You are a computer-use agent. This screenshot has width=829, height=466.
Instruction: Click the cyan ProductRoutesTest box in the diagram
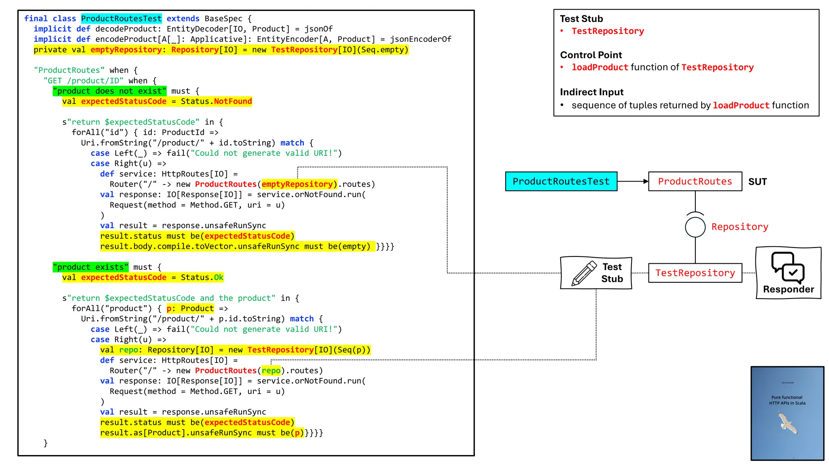(x=561, y=181)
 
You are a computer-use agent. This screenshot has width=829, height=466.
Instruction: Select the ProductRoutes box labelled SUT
(x=695, y=181)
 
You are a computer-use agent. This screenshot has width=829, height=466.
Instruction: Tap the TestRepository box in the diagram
(x=695, y=273)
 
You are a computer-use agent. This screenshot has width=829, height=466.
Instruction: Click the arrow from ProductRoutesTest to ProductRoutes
(x=633, y=181)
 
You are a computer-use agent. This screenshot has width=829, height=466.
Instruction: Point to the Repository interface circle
(x=695, y=227)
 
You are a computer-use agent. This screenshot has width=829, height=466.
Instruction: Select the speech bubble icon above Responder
(x=787, y=267)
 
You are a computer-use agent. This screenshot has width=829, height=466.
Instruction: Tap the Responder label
(x=788, y=289)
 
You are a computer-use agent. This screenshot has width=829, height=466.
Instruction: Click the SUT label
(x=757, y=182)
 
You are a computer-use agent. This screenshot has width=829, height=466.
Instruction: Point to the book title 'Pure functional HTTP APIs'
(x=787, y=400)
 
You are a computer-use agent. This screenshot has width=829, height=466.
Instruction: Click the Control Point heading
(x=591, y=55)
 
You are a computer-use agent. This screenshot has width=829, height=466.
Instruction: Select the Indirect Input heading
(x=591, y=92)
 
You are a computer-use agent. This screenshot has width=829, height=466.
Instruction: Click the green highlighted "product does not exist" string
(x=109, y=91)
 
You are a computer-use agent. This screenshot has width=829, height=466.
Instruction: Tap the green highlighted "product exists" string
(x=90, y=267)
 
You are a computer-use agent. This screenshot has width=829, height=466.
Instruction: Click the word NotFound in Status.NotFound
(x=233, y=101)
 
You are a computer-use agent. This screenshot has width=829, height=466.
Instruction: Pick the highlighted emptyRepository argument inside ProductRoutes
(x=299, y=184)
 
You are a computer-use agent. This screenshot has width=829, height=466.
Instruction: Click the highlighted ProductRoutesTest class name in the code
(x=121, y=19)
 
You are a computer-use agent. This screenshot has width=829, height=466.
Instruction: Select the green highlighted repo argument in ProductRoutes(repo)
(x=271, y=371)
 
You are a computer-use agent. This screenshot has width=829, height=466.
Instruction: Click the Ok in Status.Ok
(x=219, y=277)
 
